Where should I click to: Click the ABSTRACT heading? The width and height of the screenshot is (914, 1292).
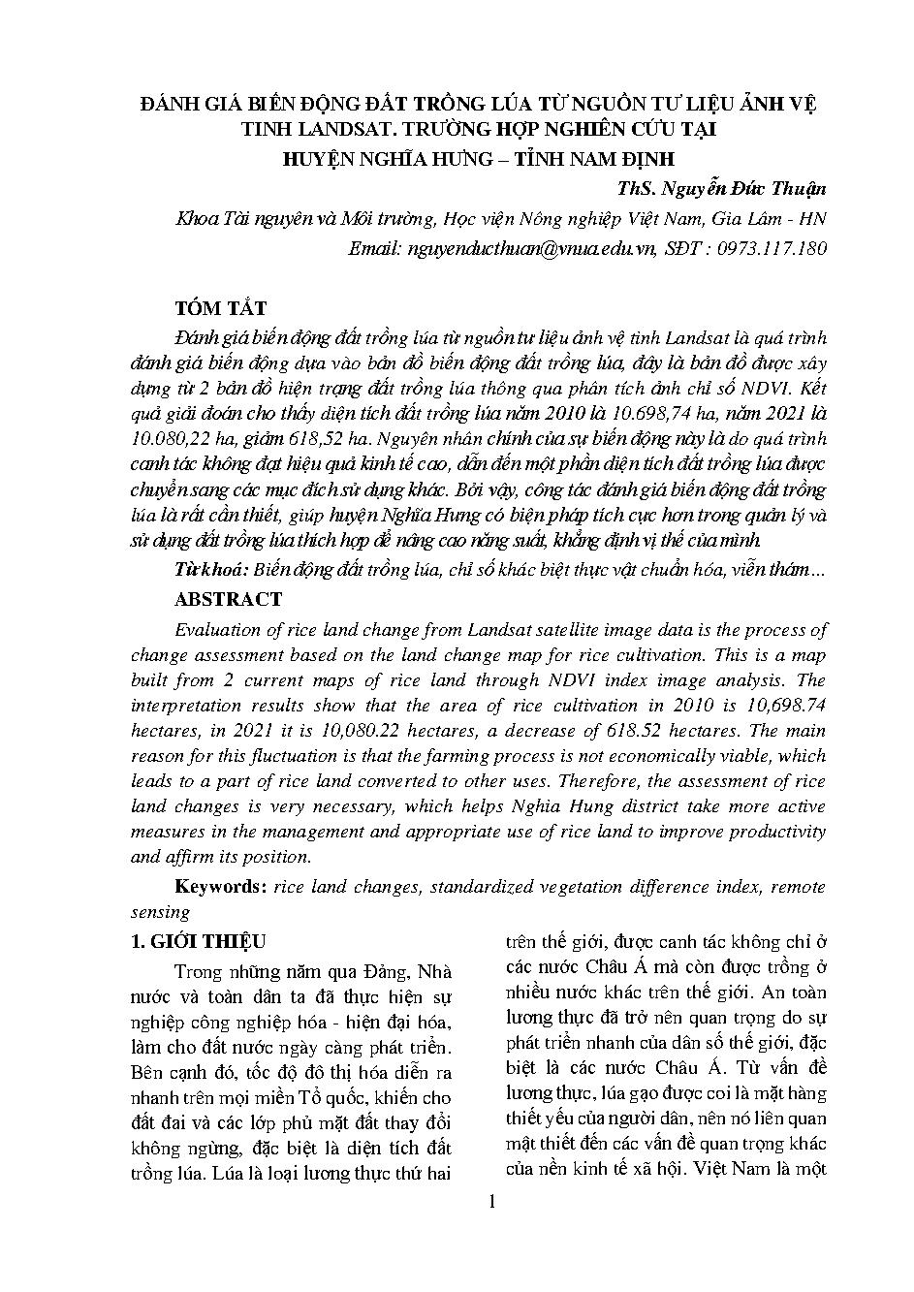click(x=228, y=599)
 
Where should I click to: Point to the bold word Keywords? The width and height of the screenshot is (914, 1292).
click(x=221, y=886)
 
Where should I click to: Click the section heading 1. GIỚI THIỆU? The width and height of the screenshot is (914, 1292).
click(x=199, y=941)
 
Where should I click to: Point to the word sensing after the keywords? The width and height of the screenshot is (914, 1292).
click(x=160, y=911)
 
